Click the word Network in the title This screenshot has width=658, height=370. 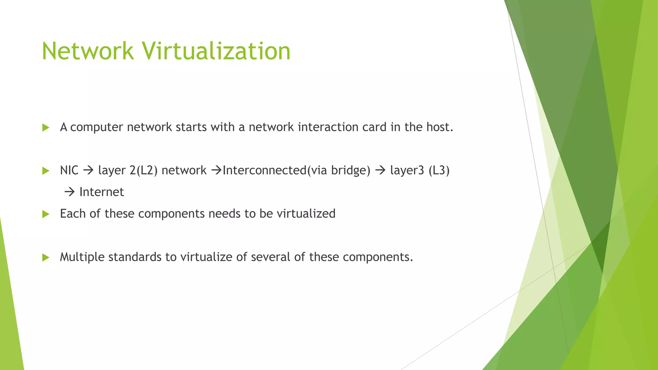coord(87,51)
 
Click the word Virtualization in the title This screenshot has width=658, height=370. coord(216,51)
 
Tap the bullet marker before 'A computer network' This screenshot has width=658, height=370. coord(46,128)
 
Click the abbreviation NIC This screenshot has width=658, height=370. coord(69,171)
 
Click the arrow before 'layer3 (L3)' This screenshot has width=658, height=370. coord(380,171)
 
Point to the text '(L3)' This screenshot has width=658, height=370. coord(439,171)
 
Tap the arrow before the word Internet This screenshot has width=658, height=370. coord(69,192)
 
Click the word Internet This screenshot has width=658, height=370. coord(102,192)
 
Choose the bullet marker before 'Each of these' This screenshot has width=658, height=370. coord(46,214)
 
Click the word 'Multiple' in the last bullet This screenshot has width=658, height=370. coord(82,257)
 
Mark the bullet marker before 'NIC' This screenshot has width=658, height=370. coord(46,171)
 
